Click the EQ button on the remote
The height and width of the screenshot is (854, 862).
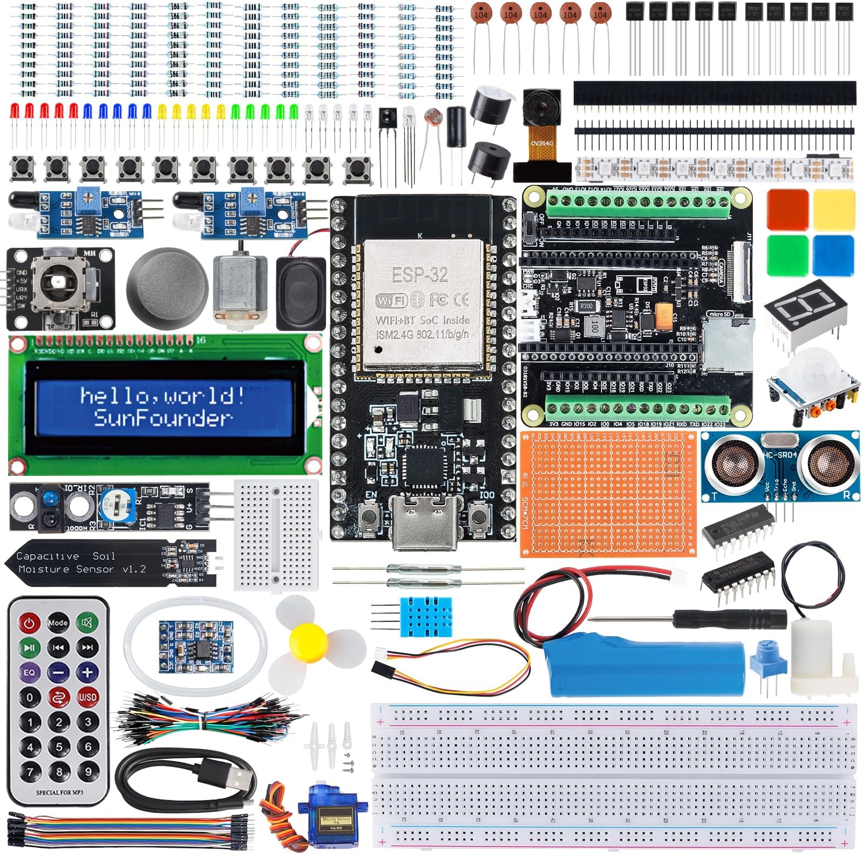click(x=29, y=672)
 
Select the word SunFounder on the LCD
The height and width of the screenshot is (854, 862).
click(x=162, y=418)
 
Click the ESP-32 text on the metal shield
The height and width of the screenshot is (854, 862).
click(x=419, y=274)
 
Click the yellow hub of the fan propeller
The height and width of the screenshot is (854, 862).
click(x=307, y=641)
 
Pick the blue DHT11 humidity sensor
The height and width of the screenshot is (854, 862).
click(x=426, y=616)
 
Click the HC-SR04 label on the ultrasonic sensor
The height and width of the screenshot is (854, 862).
click(x=780, y=455)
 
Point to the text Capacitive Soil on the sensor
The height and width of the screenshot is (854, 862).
click(x=65, y=556)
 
